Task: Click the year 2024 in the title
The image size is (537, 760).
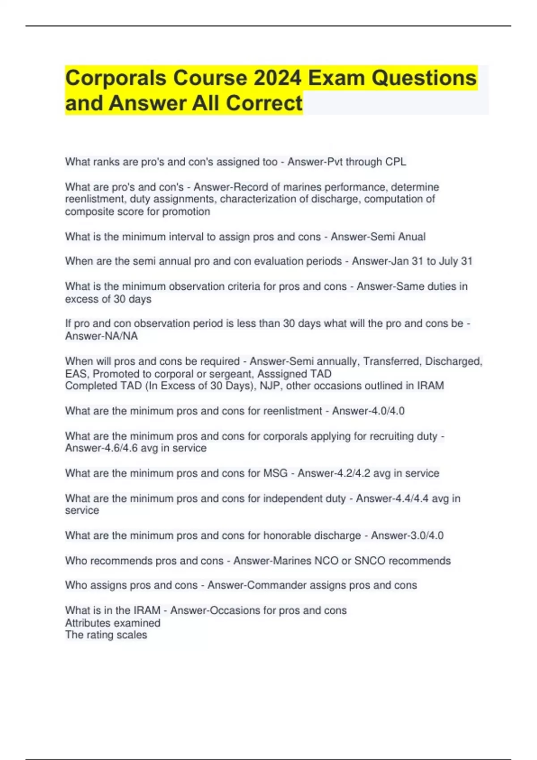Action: coord(277,78)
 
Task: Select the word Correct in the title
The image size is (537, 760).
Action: coord(264,103)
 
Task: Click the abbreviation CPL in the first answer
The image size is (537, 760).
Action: coord(396,162)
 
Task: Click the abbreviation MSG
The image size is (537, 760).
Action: coord(275,473)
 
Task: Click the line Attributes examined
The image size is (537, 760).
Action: coord(112,623)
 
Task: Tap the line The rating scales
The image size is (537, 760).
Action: coord(106,635)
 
